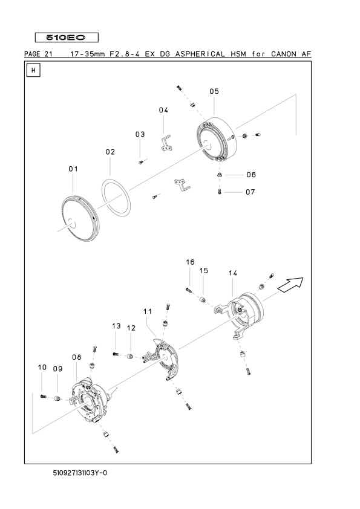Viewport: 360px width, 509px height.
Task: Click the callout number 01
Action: point(73,169)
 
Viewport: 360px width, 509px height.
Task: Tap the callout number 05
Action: point(214,91)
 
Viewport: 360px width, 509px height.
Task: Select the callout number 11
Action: point(148,311)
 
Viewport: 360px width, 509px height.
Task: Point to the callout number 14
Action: point(232,273)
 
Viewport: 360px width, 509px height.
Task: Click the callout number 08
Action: point(77,357)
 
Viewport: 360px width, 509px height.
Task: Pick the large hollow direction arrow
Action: point(291,285)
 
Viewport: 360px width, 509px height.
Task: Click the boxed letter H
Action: point(33,70)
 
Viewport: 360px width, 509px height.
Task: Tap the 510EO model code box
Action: point(67,37)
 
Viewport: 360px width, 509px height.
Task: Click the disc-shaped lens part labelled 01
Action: point(80,219)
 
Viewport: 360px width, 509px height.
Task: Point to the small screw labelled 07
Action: point(220,192)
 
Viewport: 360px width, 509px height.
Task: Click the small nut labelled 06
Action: point(219,175)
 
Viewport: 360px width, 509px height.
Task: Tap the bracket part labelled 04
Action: point(166,144)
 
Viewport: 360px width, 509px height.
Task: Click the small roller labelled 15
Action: point(203,300)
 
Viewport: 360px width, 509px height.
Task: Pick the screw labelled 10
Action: point(43,396)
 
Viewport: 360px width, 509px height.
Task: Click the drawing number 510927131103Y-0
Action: point(80,473)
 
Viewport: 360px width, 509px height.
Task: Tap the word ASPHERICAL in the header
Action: point(200,54)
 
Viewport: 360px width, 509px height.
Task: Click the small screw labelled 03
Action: point(141,162)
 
